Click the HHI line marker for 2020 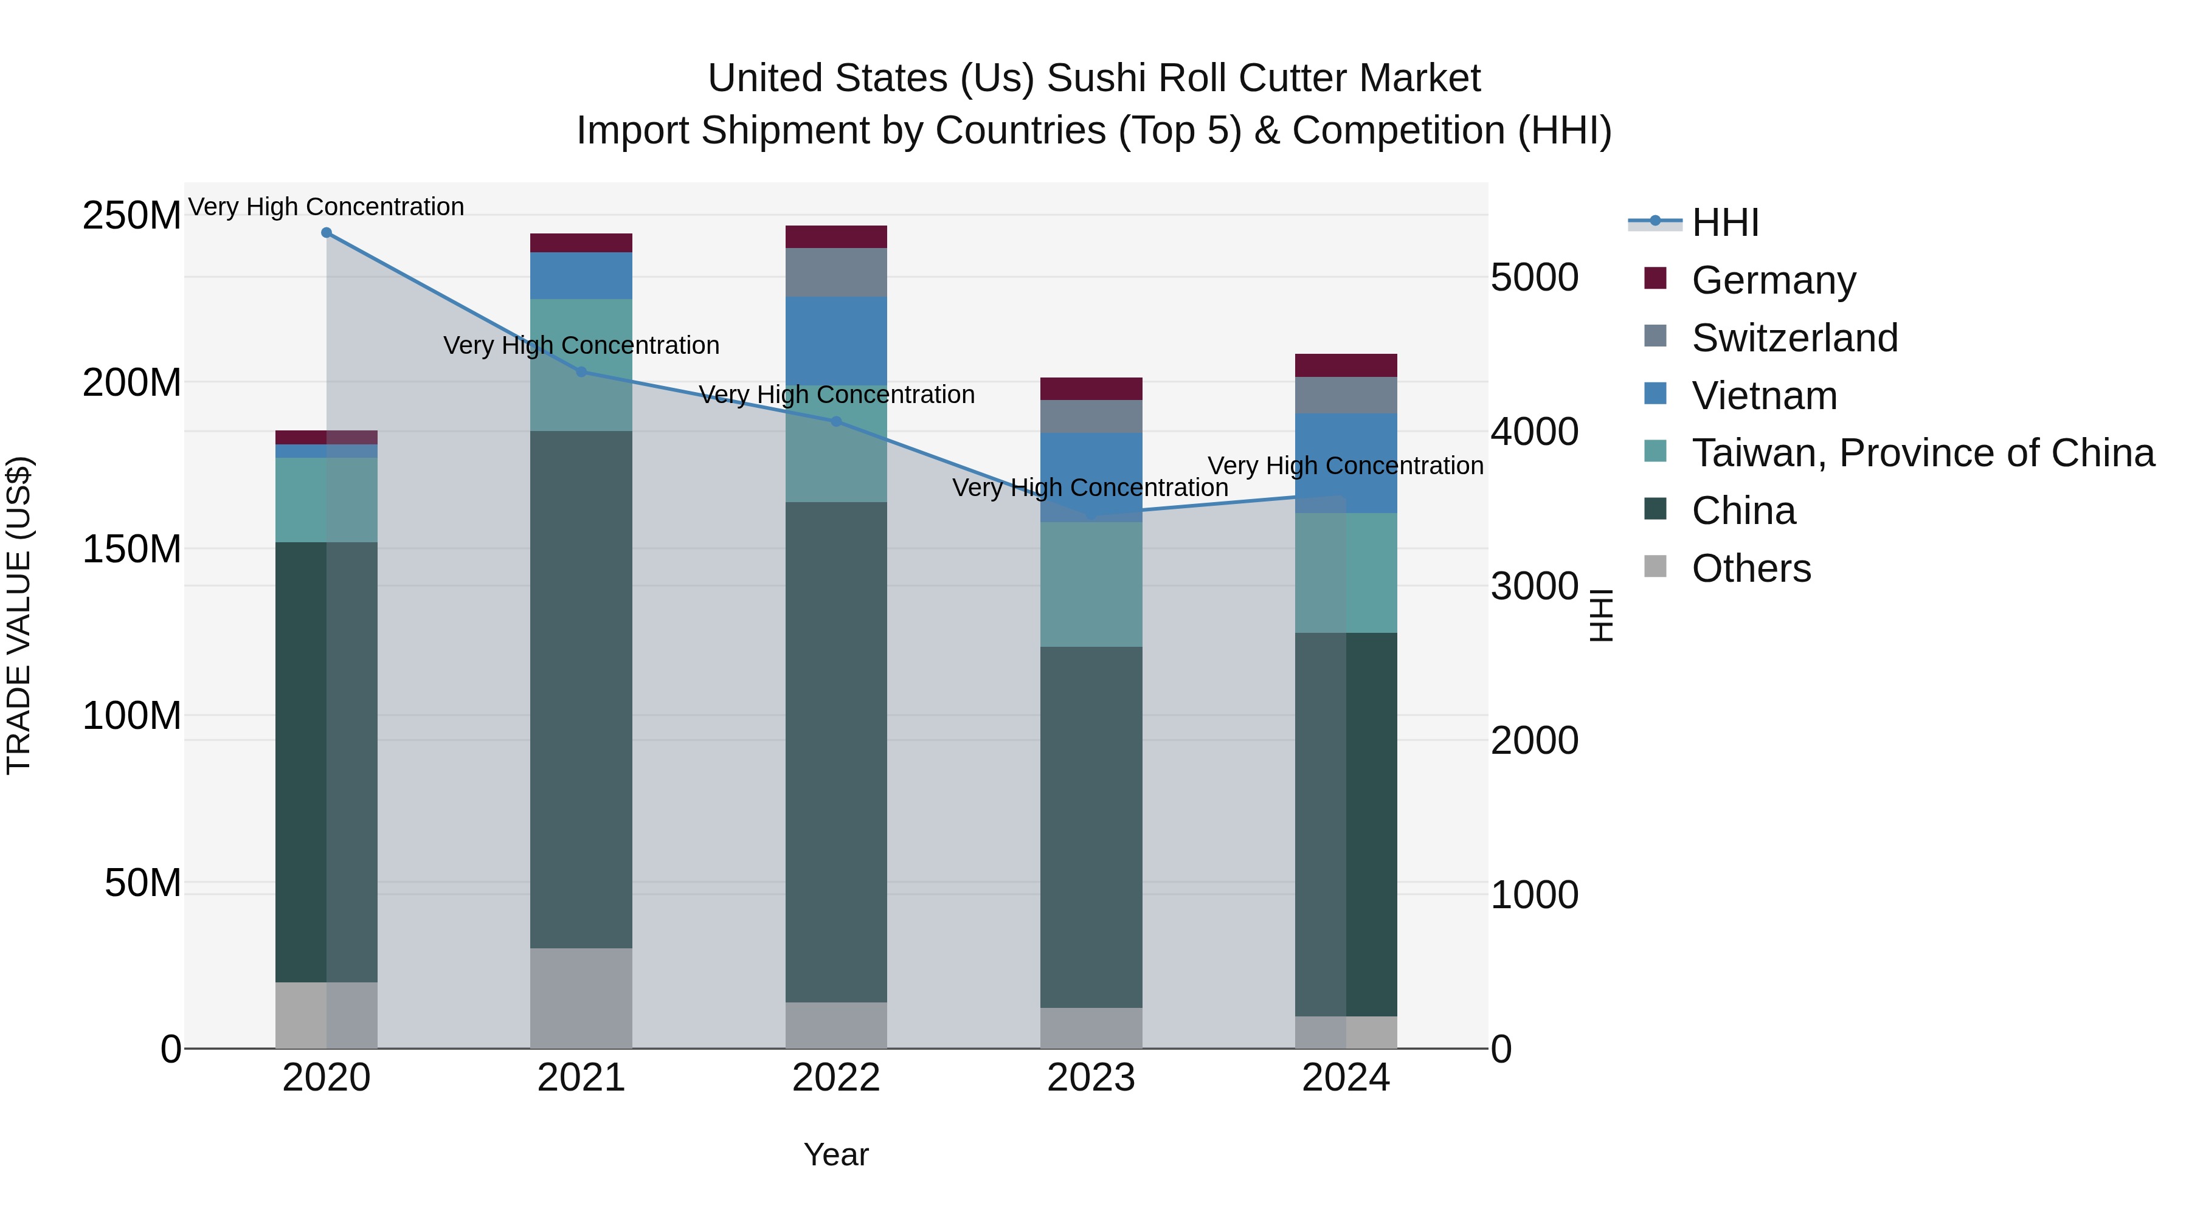[327, 233]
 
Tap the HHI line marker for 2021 [581, 371]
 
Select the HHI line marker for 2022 [836, 421]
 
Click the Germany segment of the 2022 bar [836, 237]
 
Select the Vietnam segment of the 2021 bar [581, 276]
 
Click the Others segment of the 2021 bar [581, 998]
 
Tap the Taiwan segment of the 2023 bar [1091, 584]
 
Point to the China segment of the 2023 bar [1091, 827]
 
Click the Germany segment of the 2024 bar [1346, 365]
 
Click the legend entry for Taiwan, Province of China [1922, 453]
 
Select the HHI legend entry [1724, 222]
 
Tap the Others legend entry [1751, 568]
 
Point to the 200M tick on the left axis [132, 383]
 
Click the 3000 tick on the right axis [1535, 586]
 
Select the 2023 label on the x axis [1091, 1078]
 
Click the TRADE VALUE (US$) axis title [19, 615]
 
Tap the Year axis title [836, 1154]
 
